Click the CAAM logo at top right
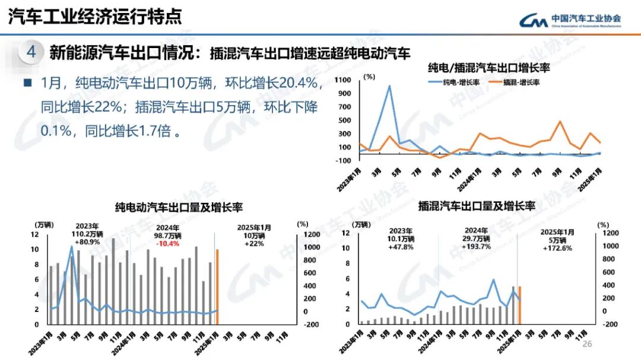(x=570, y=20)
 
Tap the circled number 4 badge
(x=31, y=53)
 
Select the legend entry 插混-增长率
(x=514, y=82)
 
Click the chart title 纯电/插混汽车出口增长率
(x=484, y=67)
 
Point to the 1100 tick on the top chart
(x=342, y=79)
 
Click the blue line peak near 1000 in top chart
(x=389, y=86)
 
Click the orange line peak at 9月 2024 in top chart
(x=560, y=122)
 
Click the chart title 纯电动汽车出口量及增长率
(x=179, y=207)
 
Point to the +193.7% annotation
(x=477, y=247)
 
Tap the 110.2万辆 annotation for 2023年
(x=87, y=234)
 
